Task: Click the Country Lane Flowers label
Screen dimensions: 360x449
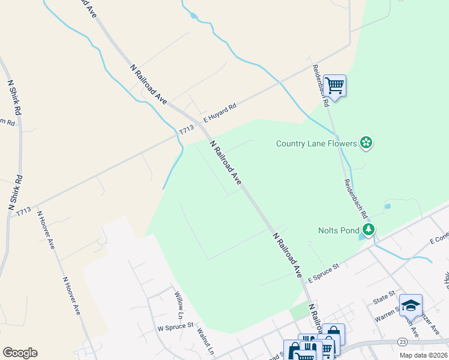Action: coord(316,143)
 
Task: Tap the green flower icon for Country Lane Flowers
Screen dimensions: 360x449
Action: coord(366,143)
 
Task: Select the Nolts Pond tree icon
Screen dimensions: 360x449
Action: coord(369,229)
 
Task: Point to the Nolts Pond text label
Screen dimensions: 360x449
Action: coord(338,230)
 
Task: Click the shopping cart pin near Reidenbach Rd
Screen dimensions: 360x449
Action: coord(334,85)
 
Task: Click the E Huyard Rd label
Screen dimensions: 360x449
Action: coord(220,112)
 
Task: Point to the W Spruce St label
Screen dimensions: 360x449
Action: coord(175,328)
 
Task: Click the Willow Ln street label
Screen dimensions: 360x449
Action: coord(179,305)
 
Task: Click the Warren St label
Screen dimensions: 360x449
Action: coord(387,312)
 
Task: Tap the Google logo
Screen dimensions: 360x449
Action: coord(20,353)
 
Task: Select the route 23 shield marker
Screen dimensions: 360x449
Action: coord(402,342)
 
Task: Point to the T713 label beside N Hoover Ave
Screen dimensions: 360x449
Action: coord(23,211)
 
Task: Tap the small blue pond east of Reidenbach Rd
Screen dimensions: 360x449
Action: coord(388,206)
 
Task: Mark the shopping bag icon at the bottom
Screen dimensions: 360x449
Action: coord(333,334)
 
